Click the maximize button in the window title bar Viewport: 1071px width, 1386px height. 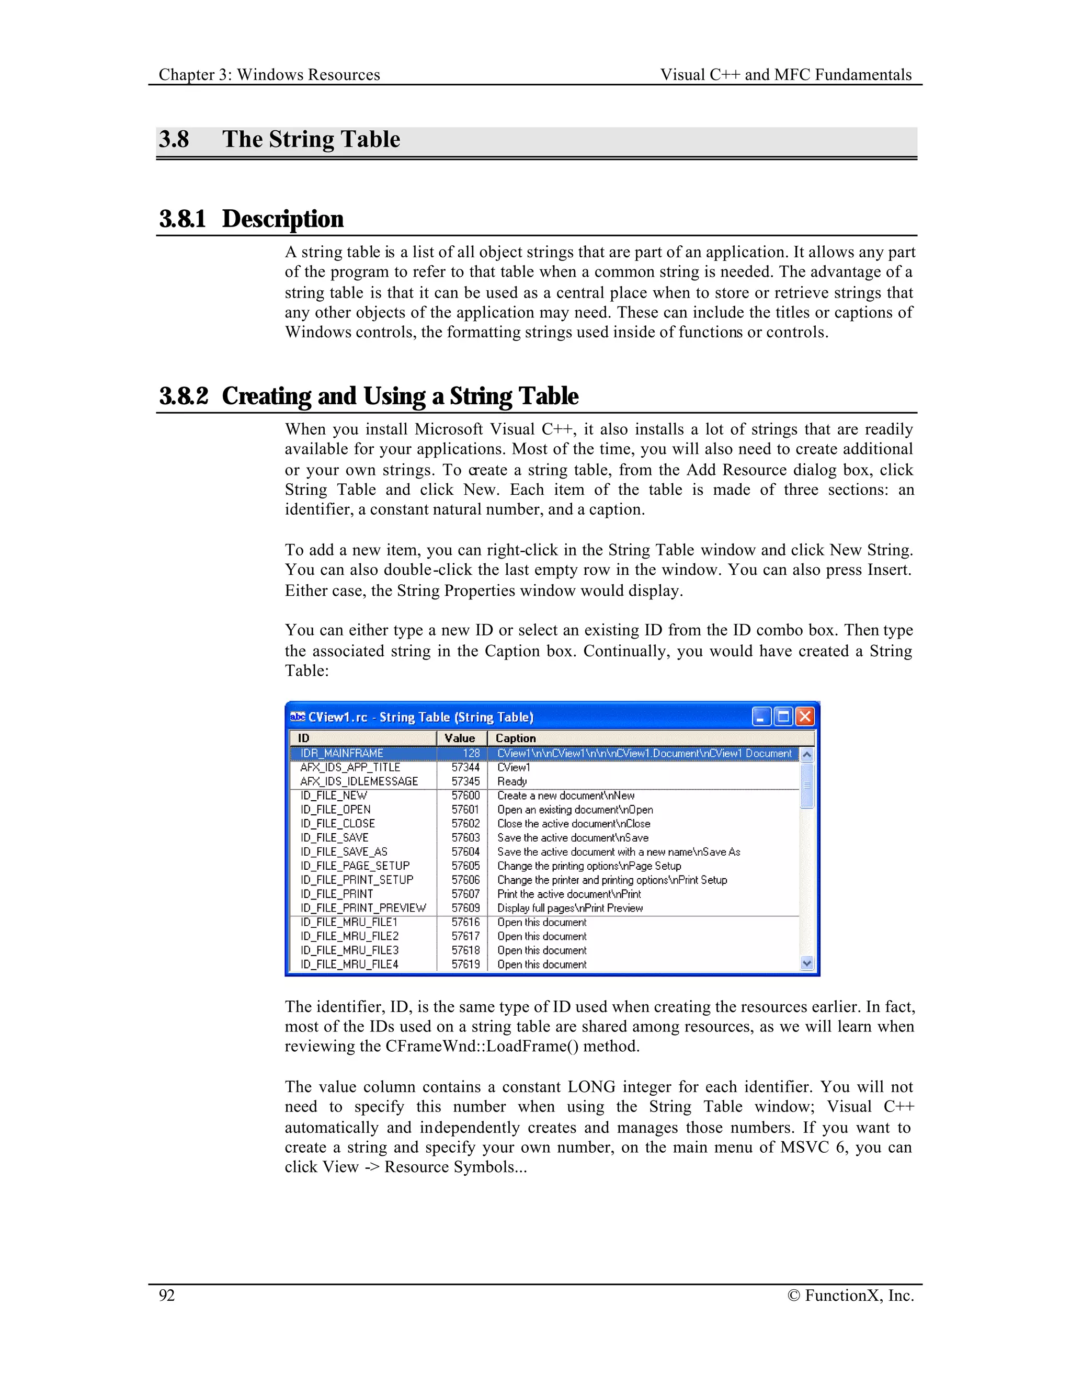pyautogui.click(x=783, y=717)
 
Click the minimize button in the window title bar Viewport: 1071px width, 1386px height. pyautogui.click(x=762, y=717)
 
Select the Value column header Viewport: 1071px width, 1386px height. pyautogui.click(x=460, y=738)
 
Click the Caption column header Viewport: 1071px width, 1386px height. pyautogui.click(x=515, y=738)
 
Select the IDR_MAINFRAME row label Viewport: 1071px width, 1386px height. pyautogui.click(x=341, y=753)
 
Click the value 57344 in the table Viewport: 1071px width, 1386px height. pyautogui.click(x=466, y=767)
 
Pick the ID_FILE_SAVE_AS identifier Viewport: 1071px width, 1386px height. pyautogui.click(x=344, y=851)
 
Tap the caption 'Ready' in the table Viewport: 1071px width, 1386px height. pyautogui.click(x=512, y=781)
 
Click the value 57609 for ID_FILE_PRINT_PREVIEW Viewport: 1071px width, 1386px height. pyautogui.click(x=466, y=908)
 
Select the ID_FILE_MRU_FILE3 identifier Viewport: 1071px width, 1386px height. pyautogui.click(x=350, y=950)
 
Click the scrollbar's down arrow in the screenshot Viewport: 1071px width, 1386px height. pyautogui.click(x=806, y=963)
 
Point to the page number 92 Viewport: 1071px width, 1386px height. pyautogui.click(x=167, y=1295)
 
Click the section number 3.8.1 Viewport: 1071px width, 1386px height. pyautogui.click(x=183, y=219)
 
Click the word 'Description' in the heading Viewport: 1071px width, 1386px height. pyautogui.click(x=283, y=219)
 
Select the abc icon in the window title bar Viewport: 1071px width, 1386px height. pyautogui.click(x=297, y=717)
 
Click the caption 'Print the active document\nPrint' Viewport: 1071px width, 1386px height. pyautogui.click(x=569, y=894)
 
